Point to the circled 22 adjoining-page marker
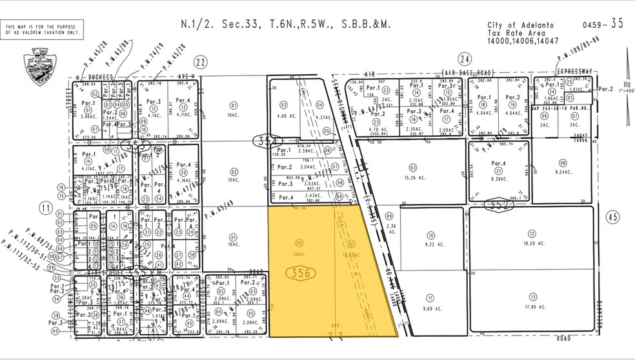click(201, 62)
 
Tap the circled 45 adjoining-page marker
click(612, 217)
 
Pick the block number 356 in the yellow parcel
click(301, 273)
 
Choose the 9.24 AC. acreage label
click(563, 172)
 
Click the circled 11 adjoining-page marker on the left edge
click(46, 208)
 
